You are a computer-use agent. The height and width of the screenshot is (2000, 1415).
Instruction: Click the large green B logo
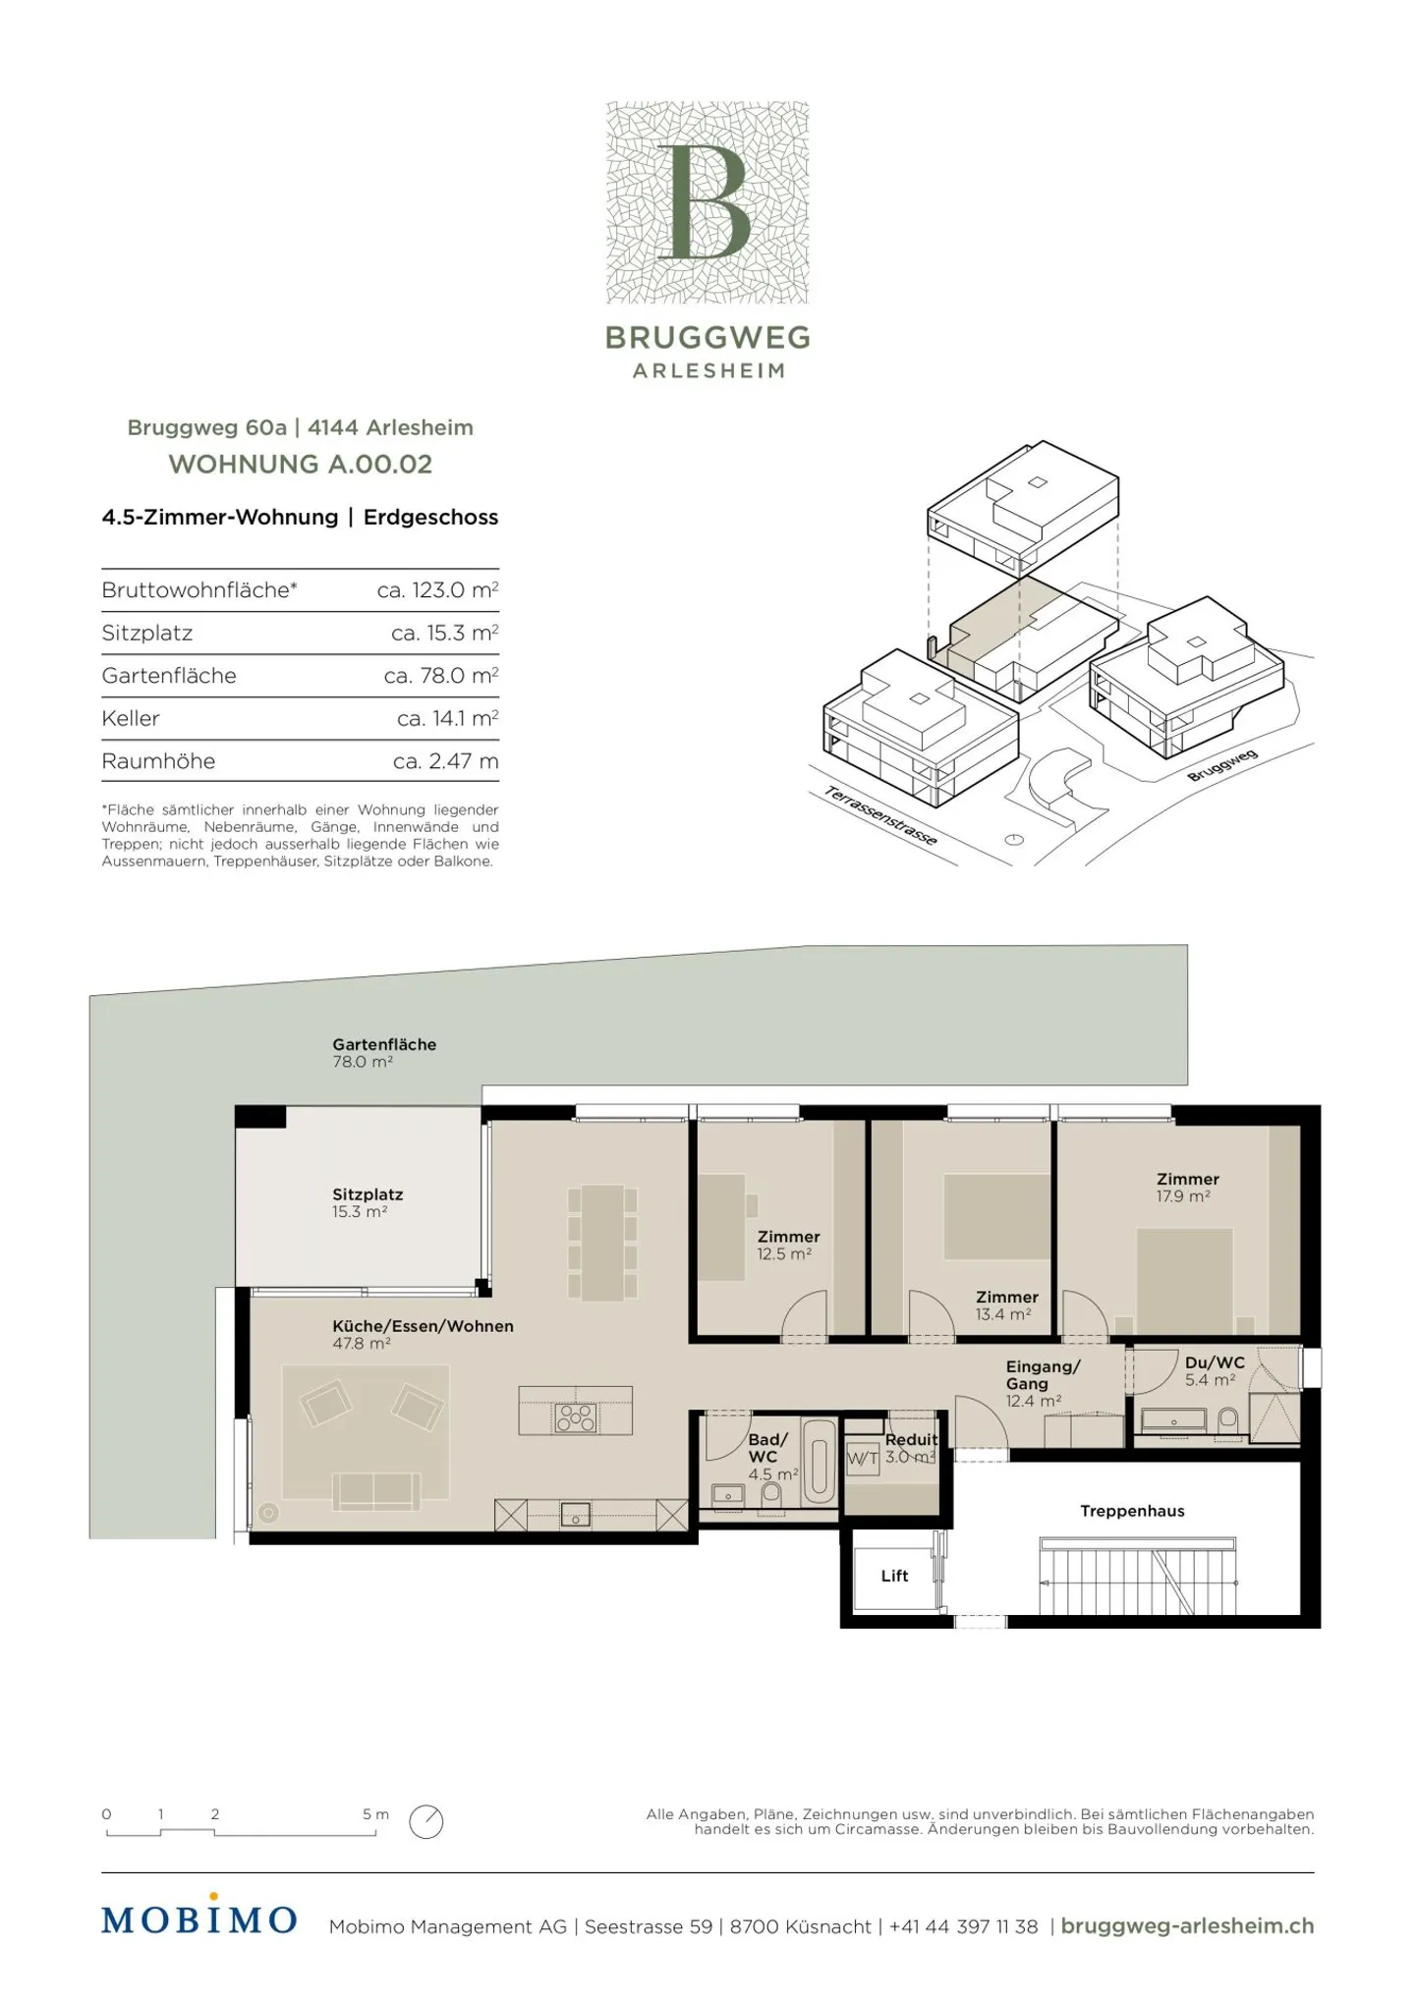pyautogui.click(x=707, y=202)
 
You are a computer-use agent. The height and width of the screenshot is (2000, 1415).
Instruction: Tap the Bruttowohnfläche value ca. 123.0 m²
pyautogui.click(x=437, y=589)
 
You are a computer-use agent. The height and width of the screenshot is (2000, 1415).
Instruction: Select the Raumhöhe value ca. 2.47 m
pyautogui.click(x=445, y=760)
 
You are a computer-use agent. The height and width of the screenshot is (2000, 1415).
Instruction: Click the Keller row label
pyautogui.click(x=131, y=718)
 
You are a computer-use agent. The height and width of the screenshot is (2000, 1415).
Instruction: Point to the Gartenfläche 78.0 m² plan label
pyautogui.click(x=384, y=1052)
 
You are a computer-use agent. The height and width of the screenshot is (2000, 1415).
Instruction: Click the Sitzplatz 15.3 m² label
pyautogui.click(x=368, y=1202)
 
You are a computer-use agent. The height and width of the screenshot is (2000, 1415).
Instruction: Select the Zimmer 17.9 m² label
pyautogui.click(x=1187, y=1187)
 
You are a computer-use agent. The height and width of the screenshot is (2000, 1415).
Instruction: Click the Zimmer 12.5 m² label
pyautogui.click(x=788, y=1245)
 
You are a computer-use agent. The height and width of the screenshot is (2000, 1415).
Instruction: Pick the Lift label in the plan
pyautogui.click(x=894, y=1576)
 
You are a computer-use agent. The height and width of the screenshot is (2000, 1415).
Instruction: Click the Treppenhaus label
pyautogui.click(x=1132, y=1511)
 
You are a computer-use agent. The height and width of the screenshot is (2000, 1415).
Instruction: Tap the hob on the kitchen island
pyautogui.click(x=576, y=1417)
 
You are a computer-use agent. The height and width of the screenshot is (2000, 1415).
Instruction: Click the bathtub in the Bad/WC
pyautogui.click(x=820, y=1463)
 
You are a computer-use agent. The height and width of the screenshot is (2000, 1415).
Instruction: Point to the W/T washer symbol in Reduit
pyautogui.click(x=863, y=1459)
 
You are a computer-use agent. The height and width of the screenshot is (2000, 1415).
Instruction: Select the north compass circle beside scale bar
pyautogui.click(x=426, y=1821)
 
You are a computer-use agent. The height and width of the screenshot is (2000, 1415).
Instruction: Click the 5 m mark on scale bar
pyautogui.click(x=375, y=1814)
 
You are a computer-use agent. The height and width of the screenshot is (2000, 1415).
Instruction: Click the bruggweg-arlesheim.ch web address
pyautogui.click(x=1187, y=1926)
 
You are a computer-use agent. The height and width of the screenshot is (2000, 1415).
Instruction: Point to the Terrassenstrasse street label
pyautogui.click(x=880, y=815)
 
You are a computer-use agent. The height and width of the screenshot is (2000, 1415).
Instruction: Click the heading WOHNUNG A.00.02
pyautogui.click(x=301, y=464)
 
